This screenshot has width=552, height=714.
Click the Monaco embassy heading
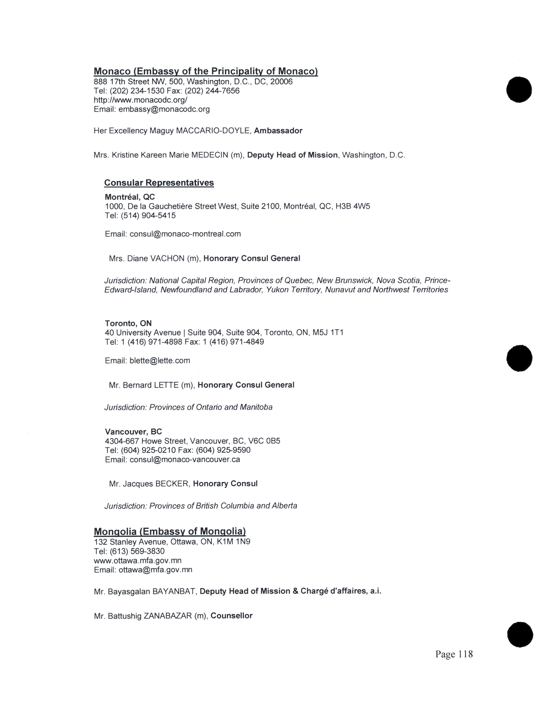pyautogui.click(x=206, y=71)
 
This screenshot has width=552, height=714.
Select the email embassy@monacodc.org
pyautogui.click(x=164, y=109)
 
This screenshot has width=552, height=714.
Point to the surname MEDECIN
pyautogui.click(x=210, y=155)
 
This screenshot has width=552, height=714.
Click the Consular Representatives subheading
pyautogui.click(x=159, y=183)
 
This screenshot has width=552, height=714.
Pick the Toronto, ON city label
pyautogui.click(x=128, y=323)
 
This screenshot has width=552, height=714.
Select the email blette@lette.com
pyautogui.click(x=160, y=361)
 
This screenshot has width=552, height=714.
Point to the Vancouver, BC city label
pyautogui.click(x=133, y=432)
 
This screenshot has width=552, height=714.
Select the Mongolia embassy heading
pyautogui.click(x=170, y=532)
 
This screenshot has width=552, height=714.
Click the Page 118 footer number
pyautogui.click(x=454, y=654)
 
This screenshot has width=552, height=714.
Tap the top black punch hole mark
pyautogui.click(x=519, y=90)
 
